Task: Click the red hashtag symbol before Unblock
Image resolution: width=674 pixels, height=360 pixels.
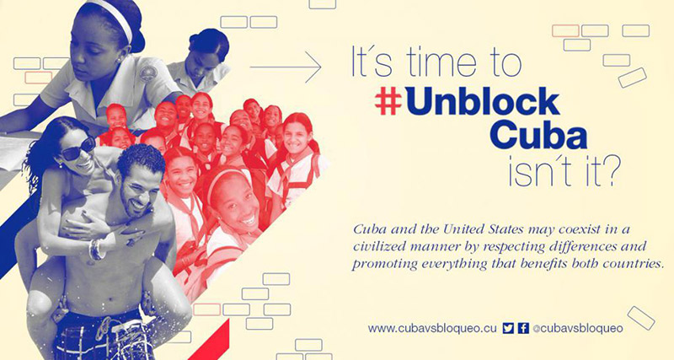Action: [388, 102]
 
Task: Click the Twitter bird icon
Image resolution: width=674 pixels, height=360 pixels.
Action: [508, 328]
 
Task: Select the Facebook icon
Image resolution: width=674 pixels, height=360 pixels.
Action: [523, 328]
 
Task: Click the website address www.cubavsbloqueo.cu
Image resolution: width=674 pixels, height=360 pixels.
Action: [432, 329]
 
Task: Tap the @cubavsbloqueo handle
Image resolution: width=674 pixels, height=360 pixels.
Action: [578, 329]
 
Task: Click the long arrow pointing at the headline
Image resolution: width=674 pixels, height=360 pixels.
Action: [286, 67]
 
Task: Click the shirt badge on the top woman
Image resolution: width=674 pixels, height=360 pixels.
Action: [148, 74]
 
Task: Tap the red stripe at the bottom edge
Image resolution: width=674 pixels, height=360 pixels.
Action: [210, 341]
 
